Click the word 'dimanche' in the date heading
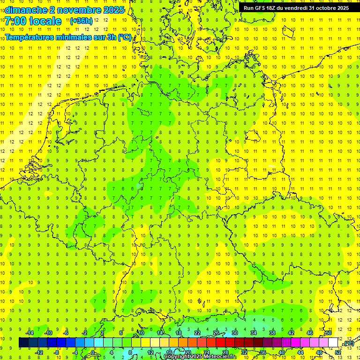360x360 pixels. (25, 10)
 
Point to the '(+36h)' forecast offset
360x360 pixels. (81, 21)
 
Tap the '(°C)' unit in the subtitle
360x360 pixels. (125, 37)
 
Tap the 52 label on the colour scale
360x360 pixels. (338, 352)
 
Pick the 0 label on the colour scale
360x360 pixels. (93, 352)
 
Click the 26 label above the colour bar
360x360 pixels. (216, 333)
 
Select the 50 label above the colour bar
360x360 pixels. (329, 333)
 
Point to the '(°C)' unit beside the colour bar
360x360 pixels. (349, 344)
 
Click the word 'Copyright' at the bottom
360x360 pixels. (176, 357)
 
